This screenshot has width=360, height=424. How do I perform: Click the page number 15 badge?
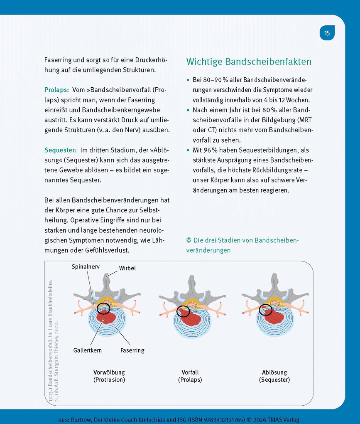[327, 33]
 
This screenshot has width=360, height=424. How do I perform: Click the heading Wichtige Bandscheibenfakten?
[249, 62]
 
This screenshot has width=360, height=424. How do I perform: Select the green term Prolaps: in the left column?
[56, 90]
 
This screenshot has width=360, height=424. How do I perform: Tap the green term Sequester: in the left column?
[60, 150]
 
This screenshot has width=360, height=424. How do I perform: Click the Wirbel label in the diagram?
[127, 268]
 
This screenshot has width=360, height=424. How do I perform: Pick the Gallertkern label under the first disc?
[87, 350]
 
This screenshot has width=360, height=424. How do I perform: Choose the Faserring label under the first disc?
[132, 350]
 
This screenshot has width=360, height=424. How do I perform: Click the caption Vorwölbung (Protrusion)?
[109, 376]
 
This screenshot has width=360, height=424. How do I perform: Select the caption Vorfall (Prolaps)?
[190, 376]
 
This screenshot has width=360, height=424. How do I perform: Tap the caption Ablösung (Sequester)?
[274, 376]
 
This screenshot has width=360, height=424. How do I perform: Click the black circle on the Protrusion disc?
[103, 308]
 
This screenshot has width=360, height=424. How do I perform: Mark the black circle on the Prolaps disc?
[183, 312]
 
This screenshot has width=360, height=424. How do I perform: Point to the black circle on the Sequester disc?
[265, 310]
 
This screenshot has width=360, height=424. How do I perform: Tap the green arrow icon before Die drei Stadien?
[189, 240]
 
